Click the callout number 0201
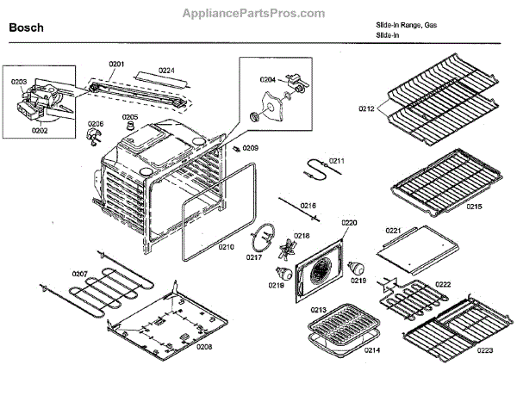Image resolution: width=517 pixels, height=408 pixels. (117, 64)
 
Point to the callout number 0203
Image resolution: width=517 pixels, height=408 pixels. (19, 82)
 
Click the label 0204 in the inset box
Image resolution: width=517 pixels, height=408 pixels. (268, 79)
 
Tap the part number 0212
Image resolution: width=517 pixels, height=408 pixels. (368, 109)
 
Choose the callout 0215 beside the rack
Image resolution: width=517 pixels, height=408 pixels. (473, 207)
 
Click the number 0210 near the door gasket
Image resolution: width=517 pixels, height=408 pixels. (225, 247)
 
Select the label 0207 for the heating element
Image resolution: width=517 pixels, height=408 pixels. (79, 274)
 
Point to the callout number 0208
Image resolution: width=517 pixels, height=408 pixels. (204, 346)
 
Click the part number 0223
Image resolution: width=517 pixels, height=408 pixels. (485, 350)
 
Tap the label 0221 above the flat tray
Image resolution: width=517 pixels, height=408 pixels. (394, 231)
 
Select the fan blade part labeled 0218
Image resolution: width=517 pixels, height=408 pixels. (284, 251)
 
